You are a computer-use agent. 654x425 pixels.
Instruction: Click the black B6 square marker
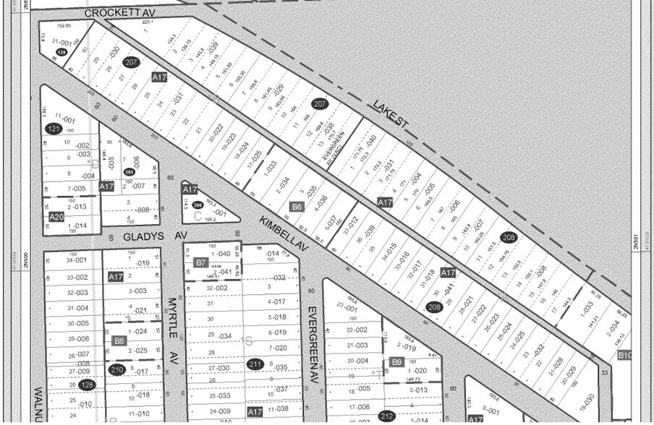pyautogui.click(x=296, y=207)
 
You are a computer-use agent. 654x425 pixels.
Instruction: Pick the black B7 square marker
pyautogui.click(x=201, y=262)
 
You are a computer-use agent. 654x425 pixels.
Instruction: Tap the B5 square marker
pyautogui.click(x=120, y=341)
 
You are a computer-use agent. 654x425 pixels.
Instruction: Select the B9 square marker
pyautogui.click(x=396, y=361)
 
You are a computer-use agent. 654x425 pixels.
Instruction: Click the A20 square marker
pyautogui.click(x=56, y=216)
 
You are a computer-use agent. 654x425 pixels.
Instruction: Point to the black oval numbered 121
pyautogui.click(x=53, y=129)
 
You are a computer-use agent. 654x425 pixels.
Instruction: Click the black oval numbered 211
pyautogui.click(x=255, y=364)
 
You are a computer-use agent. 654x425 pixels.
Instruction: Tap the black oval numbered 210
pyautogui.click(x=116, y=370)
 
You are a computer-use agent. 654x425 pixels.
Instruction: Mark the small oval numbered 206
pyautogui.click(x=198, y=205)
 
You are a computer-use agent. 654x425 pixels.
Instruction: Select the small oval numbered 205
pyautogui.click(x=129, y=172)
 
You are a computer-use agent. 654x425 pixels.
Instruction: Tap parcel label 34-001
pyautogui.click(x=76, y=260)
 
